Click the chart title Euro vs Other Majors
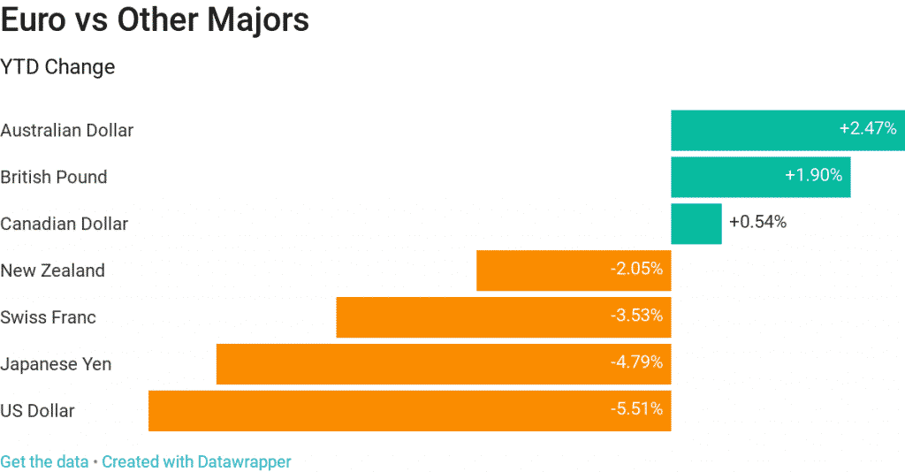click(155, 20)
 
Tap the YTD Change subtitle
click(57, 67)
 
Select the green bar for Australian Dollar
click(751, 130)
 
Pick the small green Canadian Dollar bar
click(696, 224)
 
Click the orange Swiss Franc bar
click(468, 317)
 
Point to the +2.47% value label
click(867, 129)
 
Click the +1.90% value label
click(813, 176)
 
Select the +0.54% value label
click(757, 223)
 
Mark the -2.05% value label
click(636, 269)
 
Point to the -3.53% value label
click(636, 316)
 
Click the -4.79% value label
click(636, 362)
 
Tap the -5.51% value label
click(636, 409)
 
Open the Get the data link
click(44, 461)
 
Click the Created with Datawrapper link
click(196, 461)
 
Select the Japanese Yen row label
click(56, 364)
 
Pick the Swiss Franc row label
click(48, 317)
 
